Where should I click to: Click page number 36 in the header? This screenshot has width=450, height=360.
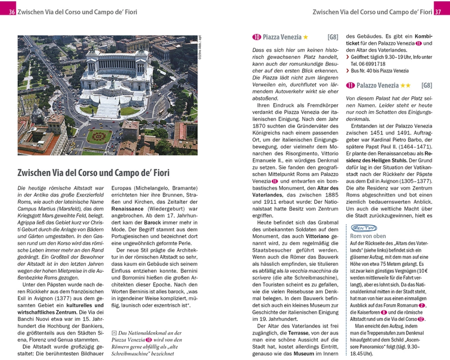(12, 12)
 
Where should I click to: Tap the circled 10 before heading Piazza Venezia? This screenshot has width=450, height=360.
(257, 37)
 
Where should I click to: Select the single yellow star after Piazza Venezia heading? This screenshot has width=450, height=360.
(306, 37)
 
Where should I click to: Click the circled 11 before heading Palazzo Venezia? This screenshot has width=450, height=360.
(351, 85)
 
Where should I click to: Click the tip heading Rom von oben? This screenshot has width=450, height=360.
(368, 236)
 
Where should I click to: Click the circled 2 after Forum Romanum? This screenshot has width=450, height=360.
(421, 306)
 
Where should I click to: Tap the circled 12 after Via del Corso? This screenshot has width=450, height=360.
(421, 319)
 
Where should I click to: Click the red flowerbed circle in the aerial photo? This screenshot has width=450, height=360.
(99, 136)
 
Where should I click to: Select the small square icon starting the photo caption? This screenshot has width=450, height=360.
(113, 333)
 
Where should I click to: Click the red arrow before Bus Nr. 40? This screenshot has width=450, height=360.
(347, 71)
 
